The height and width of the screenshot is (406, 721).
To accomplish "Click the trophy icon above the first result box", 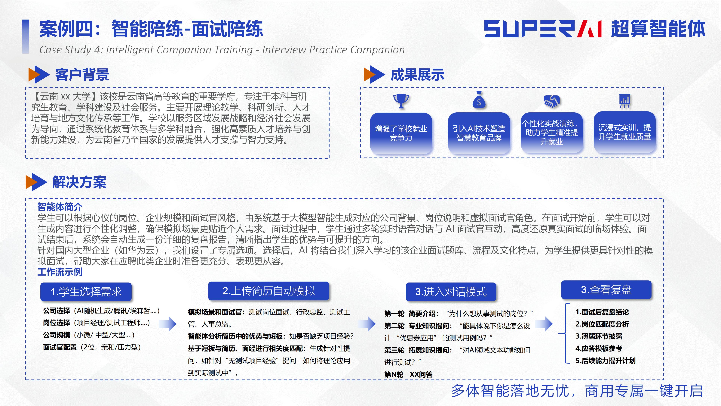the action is [401, 101].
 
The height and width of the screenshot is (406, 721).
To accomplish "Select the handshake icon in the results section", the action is [551, 101].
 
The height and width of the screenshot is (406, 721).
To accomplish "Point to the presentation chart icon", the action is [624, 101].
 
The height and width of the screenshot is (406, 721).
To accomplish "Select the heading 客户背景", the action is [82, 75].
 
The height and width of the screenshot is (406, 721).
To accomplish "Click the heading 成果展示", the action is [417, 75].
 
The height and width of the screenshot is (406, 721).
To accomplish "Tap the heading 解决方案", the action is [79, 182].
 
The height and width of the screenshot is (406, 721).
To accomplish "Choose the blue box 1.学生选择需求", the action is [86, 291].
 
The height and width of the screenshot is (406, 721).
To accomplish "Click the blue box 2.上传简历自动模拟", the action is [268, 291].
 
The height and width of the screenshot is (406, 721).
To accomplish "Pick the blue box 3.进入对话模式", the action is [451, 292].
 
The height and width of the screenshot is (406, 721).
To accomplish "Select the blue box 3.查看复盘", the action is [606, 290].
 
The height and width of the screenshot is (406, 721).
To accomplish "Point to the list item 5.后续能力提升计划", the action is [605, 361].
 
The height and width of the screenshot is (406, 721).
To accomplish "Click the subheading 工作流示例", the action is [60, 272].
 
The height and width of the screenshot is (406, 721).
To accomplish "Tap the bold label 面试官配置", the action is [60, 347].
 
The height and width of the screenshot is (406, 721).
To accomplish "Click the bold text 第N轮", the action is [394, 374].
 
